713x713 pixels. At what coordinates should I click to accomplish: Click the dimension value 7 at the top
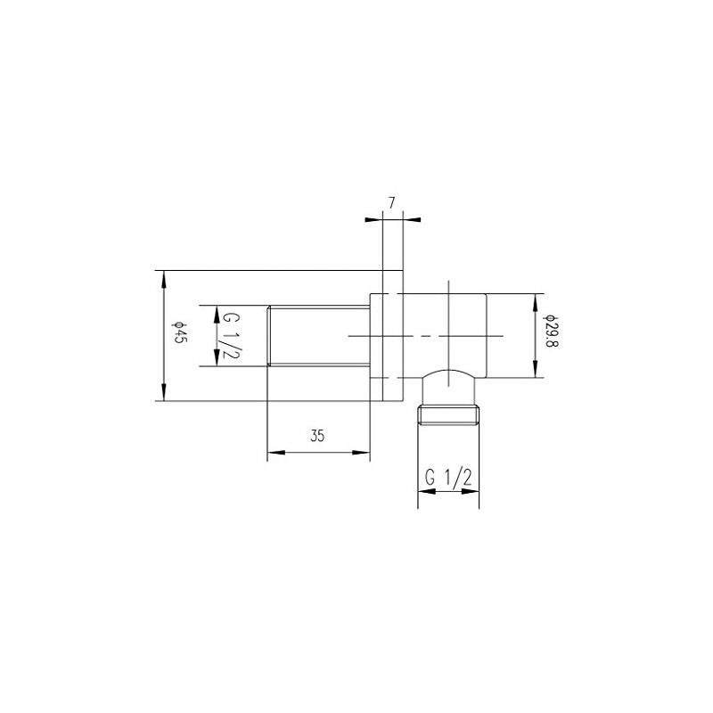click(x=391, y=203)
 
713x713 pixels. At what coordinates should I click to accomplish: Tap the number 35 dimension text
click(x=318, y=436)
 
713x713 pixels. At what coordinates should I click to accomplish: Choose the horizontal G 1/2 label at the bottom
click(x=447, y=478)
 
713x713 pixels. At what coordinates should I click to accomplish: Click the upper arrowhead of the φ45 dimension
click(x=163, y=276)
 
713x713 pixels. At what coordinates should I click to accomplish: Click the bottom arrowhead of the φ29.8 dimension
click(x=534, y=373)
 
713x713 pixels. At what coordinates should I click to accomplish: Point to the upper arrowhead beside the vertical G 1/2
click(x=215, y=311)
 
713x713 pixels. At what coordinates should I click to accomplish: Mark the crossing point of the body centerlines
click(x=449, y=335)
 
